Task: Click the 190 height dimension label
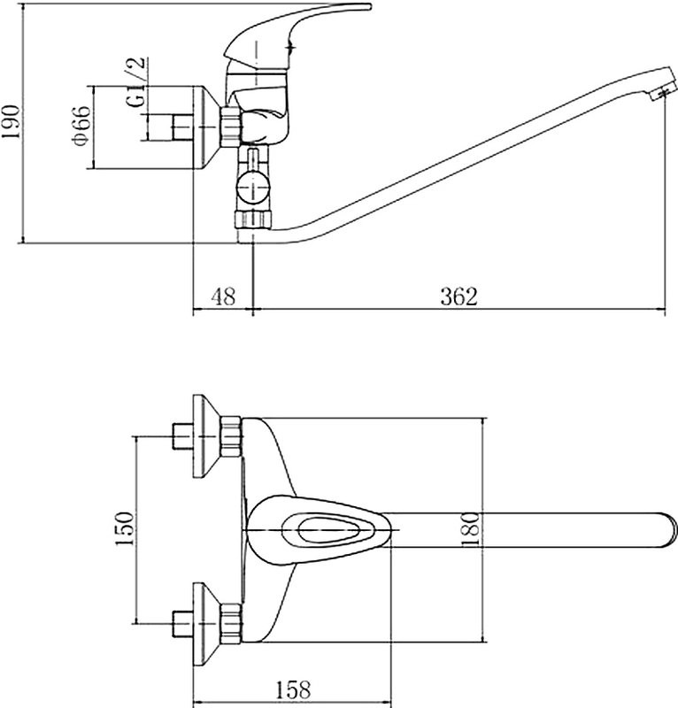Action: [11, 122]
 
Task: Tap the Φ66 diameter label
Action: [81, 126]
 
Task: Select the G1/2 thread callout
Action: [137, 81]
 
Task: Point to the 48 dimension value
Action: [223, 296]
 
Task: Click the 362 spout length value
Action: [458, 296]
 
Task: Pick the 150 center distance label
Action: [125, 528]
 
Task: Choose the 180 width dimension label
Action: [470, 529]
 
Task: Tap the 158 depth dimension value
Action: [293, 689]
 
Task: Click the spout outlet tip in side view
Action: [663, 90]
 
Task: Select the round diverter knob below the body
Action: [253, 187]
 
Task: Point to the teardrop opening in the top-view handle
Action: [323, 529]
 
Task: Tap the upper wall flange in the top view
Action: [207, 436]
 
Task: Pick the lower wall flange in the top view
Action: [207, 624]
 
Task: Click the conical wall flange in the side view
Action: [207, 127]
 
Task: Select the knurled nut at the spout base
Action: [253, 219]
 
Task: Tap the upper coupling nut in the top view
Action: [231, 436]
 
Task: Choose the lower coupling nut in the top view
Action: [231, 623]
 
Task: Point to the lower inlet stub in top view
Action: [183, 624]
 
